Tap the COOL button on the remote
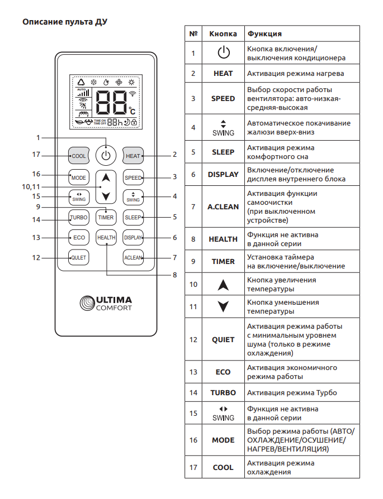[x=78, y=156]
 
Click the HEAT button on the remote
[x=133, y=156]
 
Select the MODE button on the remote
[x=78, y=177]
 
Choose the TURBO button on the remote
[x=78, y=217]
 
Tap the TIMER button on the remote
[x=106, y=217]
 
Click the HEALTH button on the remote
[x=106, y=237]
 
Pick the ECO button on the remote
[x=78, y=237]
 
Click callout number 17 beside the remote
[x=36, y=155]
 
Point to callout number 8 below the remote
[x=175, y=274]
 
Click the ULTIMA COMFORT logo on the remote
[x=106, y=303]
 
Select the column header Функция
[x=264, y=33]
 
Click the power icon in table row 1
[x=223, y=53]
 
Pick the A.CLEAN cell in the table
[x=223, y=207]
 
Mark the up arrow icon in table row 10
[x=223, y=284]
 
